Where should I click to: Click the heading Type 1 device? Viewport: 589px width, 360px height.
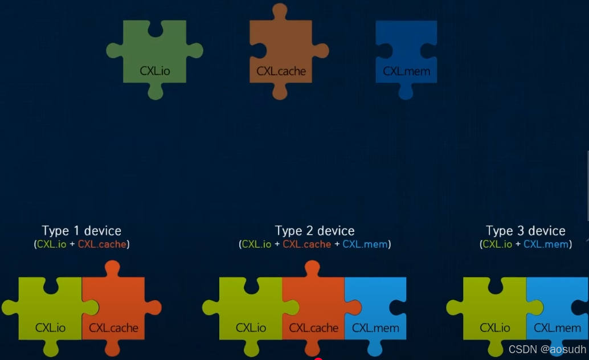(x=81, y=231)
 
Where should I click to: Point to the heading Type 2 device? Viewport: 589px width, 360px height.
(x=314, y=231)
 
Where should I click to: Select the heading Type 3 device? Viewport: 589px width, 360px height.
(x=525, y=231)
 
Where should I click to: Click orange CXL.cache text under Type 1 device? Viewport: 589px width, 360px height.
(x=103, y=244)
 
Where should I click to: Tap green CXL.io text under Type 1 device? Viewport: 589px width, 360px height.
(x=52, y=244)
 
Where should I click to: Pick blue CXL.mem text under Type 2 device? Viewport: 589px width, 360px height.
(x=365, y=244)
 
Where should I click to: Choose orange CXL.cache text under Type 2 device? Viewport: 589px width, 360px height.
(x=307, y=244)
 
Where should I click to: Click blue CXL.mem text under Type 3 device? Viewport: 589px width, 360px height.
(x=546, y=244)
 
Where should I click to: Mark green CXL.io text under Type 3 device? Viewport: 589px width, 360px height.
(x=497, y=244)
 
